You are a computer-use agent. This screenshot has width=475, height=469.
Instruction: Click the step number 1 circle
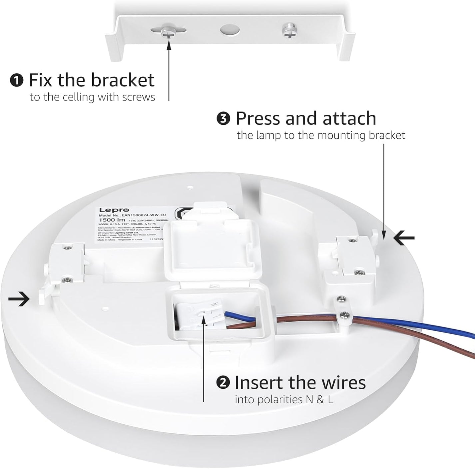17,81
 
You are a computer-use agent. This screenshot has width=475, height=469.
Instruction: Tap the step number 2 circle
223,383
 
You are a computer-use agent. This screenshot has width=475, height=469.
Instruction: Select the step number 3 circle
224,119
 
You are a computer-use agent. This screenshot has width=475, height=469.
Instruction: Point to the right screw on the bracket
288,31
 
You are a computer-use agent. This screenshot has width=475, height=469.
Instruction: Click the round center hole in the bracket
230,29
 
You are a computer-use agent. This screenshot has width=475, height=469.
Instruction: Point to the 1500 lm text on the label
112,220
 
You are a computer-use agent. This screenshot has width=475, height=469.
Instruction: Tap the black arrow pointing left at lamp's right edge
404,238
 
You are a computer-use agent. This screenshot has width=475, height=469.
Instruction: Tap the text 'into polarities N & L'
284,399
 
